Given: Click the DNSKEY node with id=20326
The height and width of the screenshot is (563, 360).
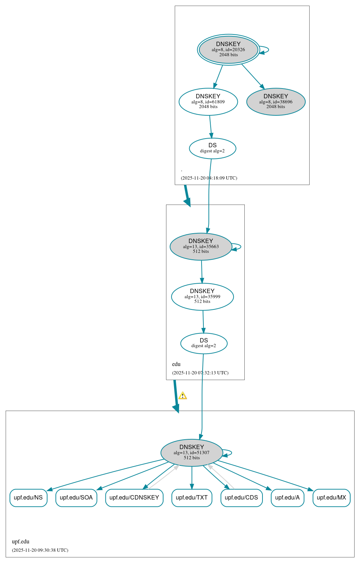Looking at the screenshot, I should pyautogui.click(x=228, y=50).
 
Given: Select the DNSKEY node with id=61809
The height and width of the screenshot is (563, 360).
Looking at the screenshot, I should pyautogui.click(x=208, y=102).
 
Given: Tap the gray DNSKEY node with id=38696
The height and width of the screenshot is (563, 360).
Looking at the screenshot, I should pyautogui.click(x=276, y=102).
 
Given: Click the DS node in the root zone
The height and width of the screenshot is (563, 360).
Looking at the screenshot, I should pyautogui.click(x=212, y=148).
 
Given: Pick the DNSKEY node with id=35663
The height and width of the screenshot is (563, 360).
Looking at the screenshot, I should pyautogui.click(x=201, y=247).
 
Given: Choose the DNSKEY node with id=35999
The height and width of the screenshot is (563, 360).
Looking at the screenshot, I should pyautogui.click(x=202, y=297).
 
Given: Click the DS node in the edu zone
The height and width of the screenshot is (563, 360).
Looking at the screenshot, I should pyautogui.click(x=204, y=343).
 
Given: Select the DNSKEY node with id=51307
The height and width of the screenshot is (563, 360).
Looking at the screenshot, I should pyautogui.click(x=192, y=453).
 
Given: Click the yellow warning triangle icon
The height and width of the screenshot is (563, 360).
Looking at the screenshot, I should pyautogui.click(x=183, y=396).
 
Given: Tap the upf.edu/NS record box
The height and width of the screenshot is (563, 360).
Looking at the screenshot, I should pyautogui.click(x=28, y=498).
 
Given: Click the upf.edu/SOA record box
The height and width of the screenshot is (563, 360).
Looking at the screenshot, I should pyautogui.click(x=76, y=498).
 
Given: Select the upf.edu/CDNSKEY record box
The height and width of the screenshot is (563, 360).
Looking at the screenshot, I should pyautogui.click(x=134, y=498).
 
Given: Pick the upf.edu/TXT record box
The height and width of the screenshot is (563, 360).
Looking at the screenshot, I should pyautogui.click(x=192, y=498).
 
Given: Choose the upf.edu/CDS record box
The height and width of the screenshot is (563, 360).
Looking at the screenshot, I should pyautogui.click(x=241, y=498).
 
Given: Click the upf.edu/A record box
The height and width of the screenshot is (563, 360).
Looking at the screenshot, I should pyautogui.click(x=287, y=498).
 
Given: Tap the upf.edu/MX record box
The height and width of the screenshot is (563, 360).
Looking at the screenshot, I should pyautogui.click(x=331, y=498).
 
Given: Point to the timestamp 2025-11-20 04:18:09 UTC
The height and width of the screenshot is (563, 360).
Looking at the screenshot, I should pyautogui.click(x=209, y=178).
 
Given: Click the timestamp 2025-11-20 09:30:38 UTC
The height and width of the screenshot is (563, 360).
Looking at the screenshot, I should pyautogui.click(x=40, y=550).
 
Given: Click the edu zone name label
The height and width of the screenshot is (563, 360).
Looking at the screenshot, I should pyautogui.click(x=176, y=364).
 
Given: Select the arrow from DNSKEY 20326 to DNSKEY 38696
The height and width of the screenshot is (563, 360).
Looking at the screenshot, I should pyautogui.click(x=253, y=76).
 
